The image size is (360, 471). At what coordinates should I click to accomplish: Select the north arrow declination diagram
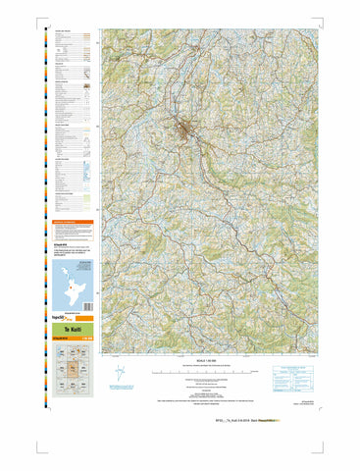(x=121, y=372)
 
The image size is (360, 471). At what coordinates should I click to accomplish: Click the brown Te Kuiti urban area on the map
(x=183, y=127)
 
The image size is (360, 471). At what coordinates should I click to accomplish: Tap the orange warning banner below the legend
(x=75, y=223)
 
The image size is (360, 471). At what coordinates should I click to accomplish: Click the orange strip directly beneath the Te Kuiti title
(x=75, y=338)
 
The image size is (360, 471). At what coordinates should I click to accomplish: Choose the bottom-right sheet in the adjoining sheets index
(x=88, y=389)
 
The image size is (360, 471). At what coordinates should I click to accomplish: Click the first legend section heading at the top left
(x=65, y=31)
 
